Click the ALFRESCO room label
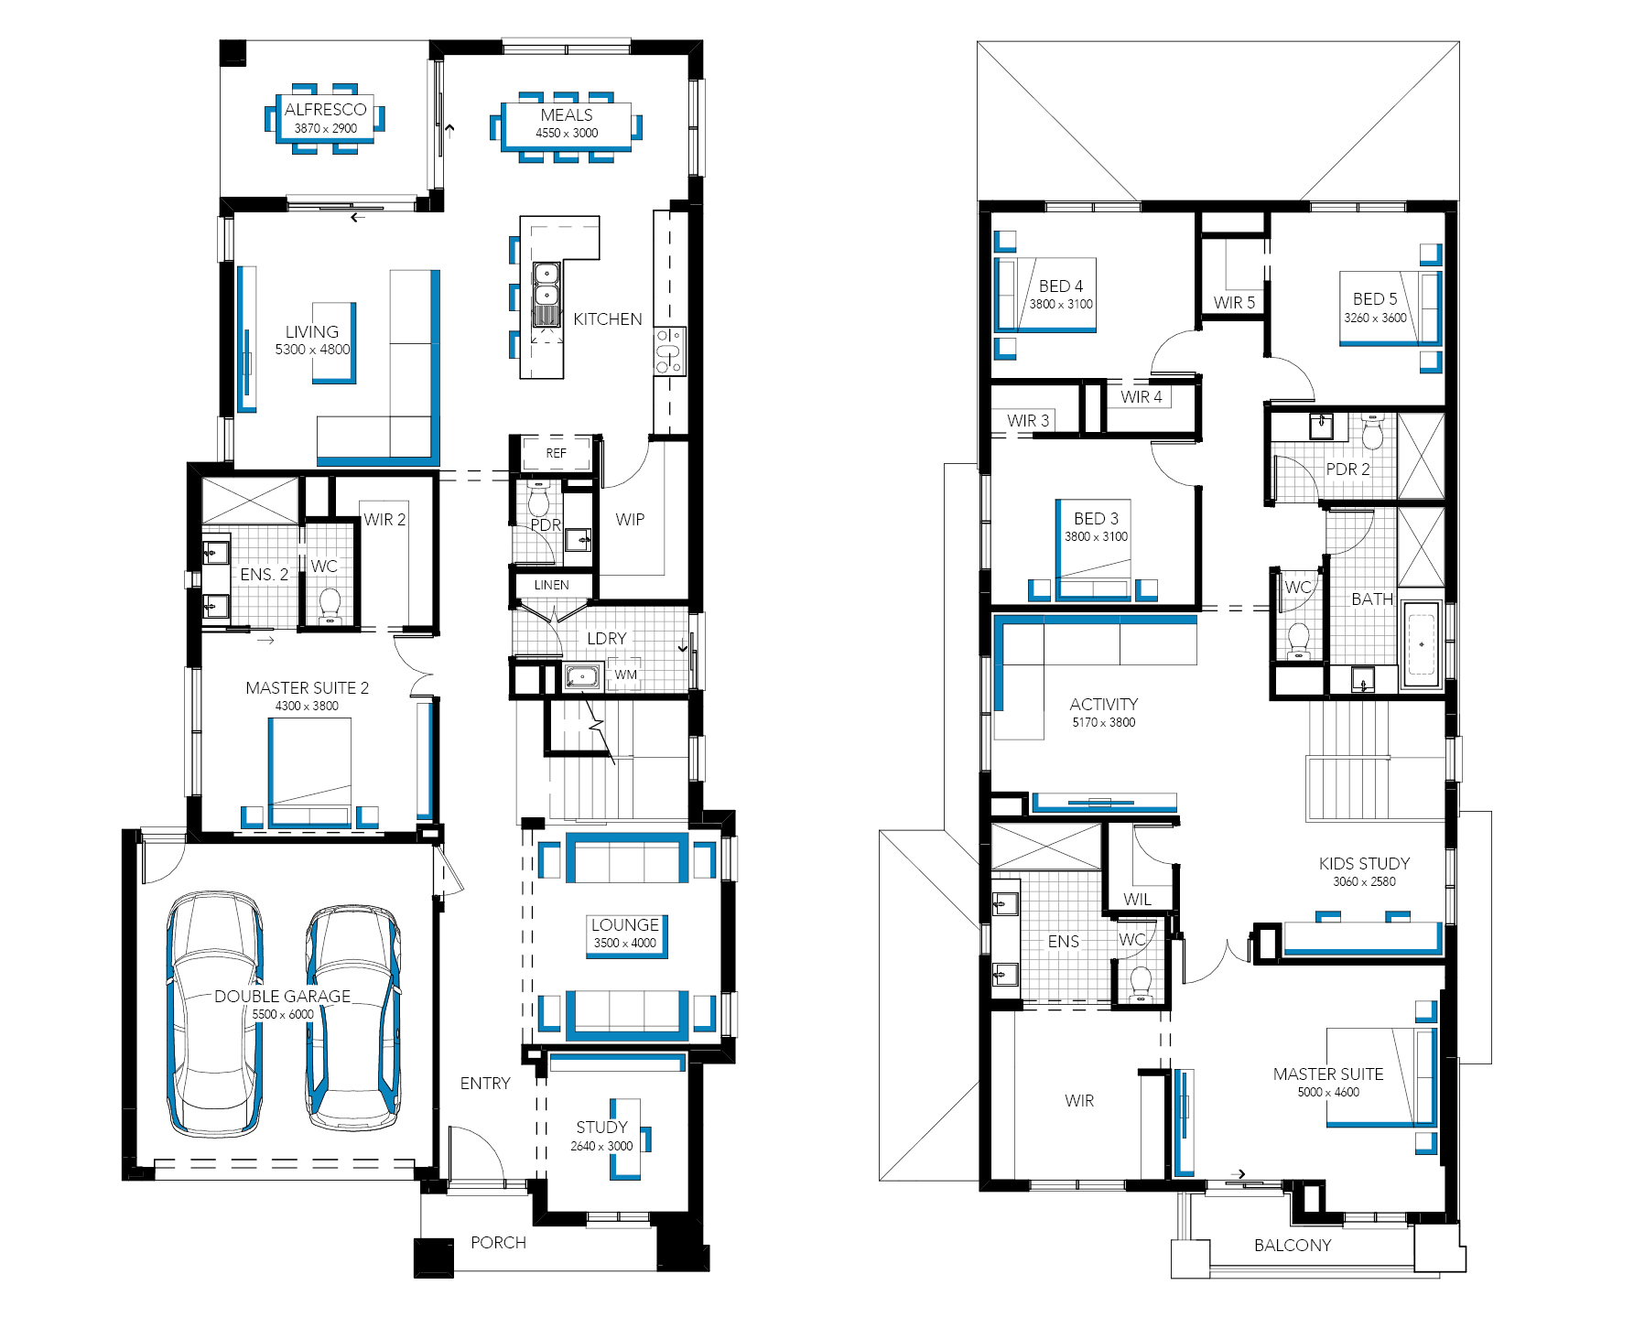click(325, 110)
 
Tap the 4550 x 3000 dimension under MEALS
click(567, 134)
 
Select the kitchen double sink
click(546, 295)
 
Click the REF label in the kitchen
click(556, 453)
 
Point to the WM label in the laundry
click(626, 675)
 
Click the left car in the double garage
click(214, 1013)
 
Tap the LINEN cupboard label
click(551, 585)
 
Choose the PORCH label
click(498, 1243)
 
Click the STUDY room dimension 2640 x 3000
click(601, 1147)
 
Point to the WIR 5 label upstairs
click(1234, 303)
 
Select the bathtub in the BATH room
click(1421, 643)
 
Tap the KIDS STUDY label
click(1364, 864)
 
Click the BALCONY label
click(1293, 1246)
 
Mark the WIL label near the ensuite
click(1137, 900)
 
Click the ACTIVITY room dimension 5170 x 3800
click(1104, 723)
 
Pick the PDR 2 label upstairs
click(1347, 470)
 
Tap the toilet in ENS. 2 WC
click(330, 605)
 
